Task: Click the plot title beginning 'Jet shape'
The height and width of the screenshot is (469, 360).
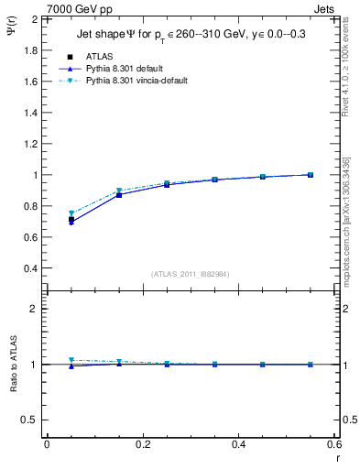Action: [193, 36]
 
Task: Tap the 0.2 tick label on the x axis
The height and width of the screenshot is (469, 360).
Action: [142, 444]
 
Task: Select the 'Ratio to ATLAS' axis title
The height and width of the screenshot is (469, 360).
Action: [13, 365]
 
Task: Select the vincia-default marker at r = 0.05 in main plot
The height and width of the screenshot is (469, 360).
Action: [71, 213]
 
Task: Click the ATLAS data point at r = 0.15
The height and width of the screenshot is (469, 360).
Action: [119, 194]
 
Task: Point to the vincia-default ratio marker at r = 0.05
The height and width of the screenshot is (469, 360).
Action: [71, 360]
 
